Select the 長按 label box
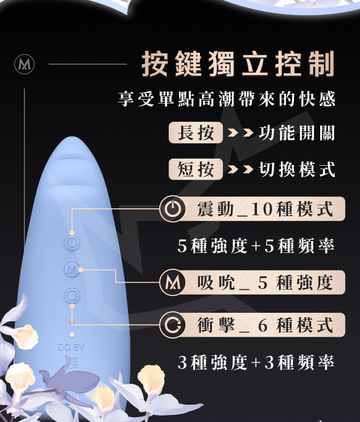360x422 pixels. tap(196, 133)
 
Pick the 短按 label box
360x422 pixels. tap(196, 169)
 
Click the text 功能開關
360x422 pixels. tap(296, 133)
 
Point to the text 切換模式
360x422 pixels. tap(296, 169)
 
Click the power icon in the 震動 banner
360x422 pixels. tap(172, 209)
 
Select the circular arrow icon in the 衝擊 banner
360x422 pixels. tap(172, 326)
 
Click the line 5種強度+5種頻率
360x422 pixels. tap(255, 246)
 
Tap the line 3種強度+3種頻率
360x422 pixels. tap(255, 363)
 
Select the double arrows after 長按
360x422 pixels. tap(240, 133)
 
